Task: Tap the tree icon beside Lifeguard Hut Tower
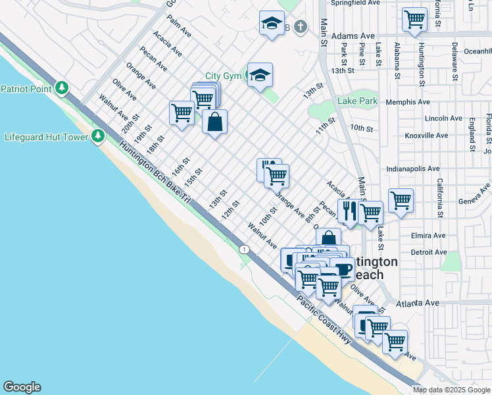point(98,136)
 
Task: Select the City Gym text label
point(223,76)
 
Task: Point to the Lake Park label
point(358,101)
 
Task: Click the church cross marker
point(301,28)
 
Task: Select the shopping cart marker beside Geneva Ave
point(401,199)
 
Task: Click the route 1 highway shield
point(245,249)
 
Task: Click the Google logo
point(22,387)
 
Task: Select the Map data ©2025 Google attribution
point(452,390)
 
